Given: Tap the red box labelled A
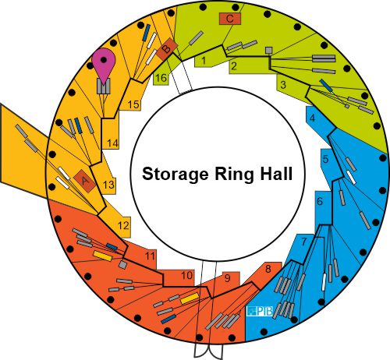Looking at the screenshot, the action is [84, 181].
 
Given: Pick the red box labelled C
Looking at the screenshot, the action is [230, 19].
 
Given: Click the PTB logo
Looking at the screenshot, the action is [260, 311].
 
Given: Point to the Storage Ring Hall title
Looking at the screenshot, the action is [218, 174].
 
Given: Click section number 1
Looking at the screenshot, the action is [204, 61].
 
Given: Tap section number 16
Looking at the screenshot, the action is [161, 78].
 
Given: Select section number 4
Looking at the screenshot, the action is [312, 118].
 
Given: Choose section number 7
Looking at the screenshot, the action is [304, 242].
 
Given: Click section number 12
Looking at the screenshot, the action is [123, 225].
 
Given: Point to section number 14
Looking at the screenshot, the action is [112, 143].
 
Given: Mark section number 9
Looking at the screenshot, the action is [228, 278].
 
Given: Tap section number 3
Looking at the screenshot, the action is [283, 85].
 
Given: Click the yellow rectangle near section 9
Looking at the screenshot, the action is [190, 298].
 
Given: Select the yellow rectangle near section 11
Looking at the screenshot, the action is [102, 256].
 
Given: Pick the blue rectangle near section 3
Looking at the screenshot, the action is [326, 86].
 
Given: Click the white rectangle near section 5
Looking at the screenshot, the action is [351, 177].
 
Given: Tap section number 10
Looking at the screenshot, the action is [187, 275].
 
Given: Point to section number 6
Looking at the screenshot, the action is [320, 201].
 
